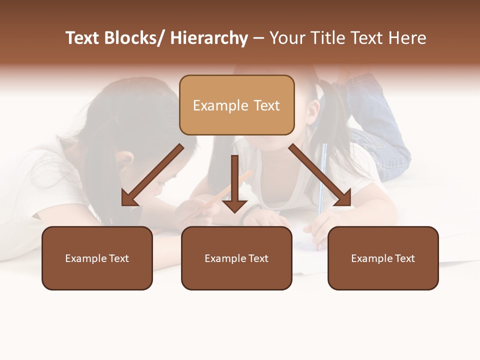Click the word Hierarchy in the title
(209, 38)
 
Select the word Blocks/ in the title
(134, 38)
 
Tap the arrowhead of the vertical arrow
(234, 205)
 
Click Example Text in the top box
(236, 105)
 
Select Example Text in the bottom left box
(97, 258)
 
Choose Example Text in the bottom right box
(383, 258)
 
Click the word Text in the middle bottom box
(256, 258)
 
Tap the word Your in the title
(286, 38)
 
